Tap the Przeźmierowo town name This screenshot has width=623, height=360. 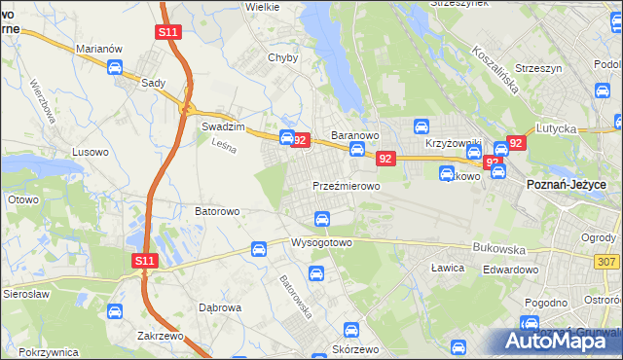tap(346, 185)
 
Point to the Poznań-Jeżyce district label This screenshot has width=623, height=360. tap(567, 184)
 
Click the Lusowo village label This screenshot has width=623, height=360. tap(92, 153)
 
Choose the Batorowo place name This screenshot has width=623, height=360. tap(217, 210)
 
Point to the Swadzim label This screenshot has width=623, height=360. tap(221, 127)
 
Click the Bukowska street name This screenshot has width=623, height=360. tap(497, 248)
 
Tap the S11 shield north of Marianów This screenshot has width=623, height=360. tap(168, 32)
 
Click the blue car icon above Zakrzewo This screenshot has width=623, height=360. tap(115, 311)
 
